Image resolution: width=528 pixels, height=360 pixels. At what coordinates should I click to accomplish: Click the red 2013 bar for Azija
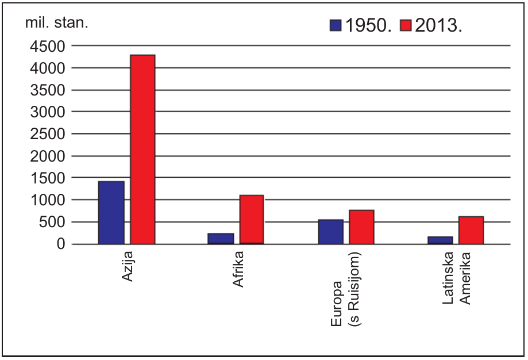(x=143, y=150)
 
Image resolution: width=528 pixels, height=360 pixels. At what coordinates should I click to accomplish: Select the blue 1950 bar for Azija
(x=111, y=213)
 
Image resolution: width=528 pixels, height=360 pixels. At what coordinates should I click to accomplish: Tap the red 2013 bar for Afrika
(x=252, y=220)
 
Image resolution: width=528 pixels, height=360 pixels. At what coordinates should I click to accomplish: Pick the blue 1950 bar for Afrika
(x=221, y=239)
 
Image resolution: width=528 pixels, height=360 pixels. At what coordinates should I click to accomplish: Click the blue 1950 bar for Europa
(x=331, y=232)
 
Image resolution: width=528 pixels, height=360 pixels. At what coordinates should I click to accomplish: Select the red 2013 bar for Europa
(x=361, y=227)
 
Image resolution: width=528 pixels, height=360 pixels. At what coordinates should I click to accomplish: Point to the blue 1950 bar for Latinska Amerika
(x=441, y=240)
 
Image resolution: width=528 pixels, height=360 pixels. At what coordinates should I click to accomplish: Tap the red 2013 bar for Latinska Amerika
(x=471, y=230)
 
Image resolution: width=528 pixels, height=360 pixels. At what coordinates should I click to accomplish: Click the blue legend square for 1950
(x=336, y=25)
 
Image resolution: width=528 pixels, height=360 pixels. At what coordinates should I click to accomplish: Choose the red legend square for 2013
(x=406, y=25)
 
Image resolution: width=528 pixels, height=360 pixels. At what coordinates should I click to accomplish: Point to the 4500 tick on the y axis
(x=48, y=47)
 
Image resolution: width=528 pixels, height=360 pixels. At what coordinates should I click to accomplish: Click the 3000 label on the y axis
(x=48, y=112)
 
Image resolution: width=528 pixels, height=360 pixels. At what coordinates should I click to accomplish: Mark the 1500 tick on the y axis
(x=48, y=178)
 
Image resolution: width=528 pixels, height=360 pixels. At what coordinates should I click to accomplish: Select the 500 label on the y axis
(x=52, y=222)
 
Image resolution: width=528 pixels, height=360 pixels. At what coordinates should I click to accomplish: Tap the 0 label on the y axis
(x=61, y=244)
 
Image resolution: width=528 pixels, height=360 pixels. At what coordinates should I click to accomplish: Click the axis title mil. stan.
(x=57, y=23)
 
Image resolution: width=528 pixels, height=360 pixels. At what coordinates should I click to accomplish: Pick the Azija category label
(x=128, y=266)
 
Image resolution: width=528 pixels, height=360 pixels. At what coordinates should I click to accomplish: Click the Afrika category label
(x=238, y=269)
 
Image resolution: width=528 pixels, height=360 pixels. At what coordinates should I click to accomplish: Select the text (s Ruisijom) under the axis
(x=354, y=289)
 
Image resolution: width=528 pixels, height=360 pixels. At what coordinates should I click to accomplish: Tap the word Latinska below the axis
(x=448, y=278)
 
